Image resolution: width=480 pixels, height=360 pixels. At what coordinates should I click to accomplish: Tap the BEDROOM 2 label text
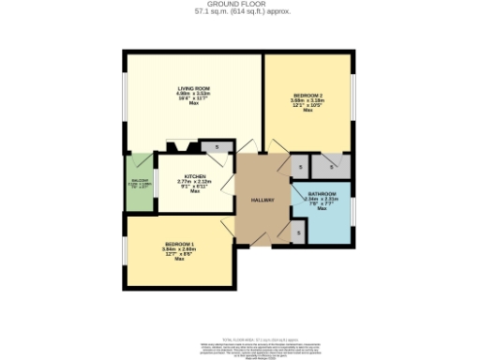click(x=307, y=96)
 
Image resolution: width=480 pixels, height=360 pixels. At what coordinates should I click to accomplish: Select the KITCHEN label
click(x=195, y=176)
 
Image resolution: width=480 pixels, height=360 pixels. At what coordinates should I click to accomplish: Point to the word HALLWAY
click(x=262, y=201)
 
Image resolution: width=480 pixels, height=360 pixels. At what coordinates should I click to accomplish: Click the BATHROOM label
click(x=322, y=193)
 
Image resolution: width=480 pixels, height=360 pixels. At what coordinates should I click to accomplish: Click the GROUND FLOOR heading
click(x=239, y=5)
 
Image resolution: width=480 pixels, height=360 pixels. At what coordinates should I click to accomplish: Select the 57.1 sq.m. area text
click(x=239, y=12)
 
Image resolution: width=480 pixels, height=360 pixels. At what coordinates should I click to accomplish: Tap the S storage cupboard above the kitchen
click(x=217, y=146)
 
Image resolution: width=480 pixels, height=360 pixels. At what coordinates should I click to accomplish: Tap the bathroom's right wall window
click(x=354, y=211)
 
